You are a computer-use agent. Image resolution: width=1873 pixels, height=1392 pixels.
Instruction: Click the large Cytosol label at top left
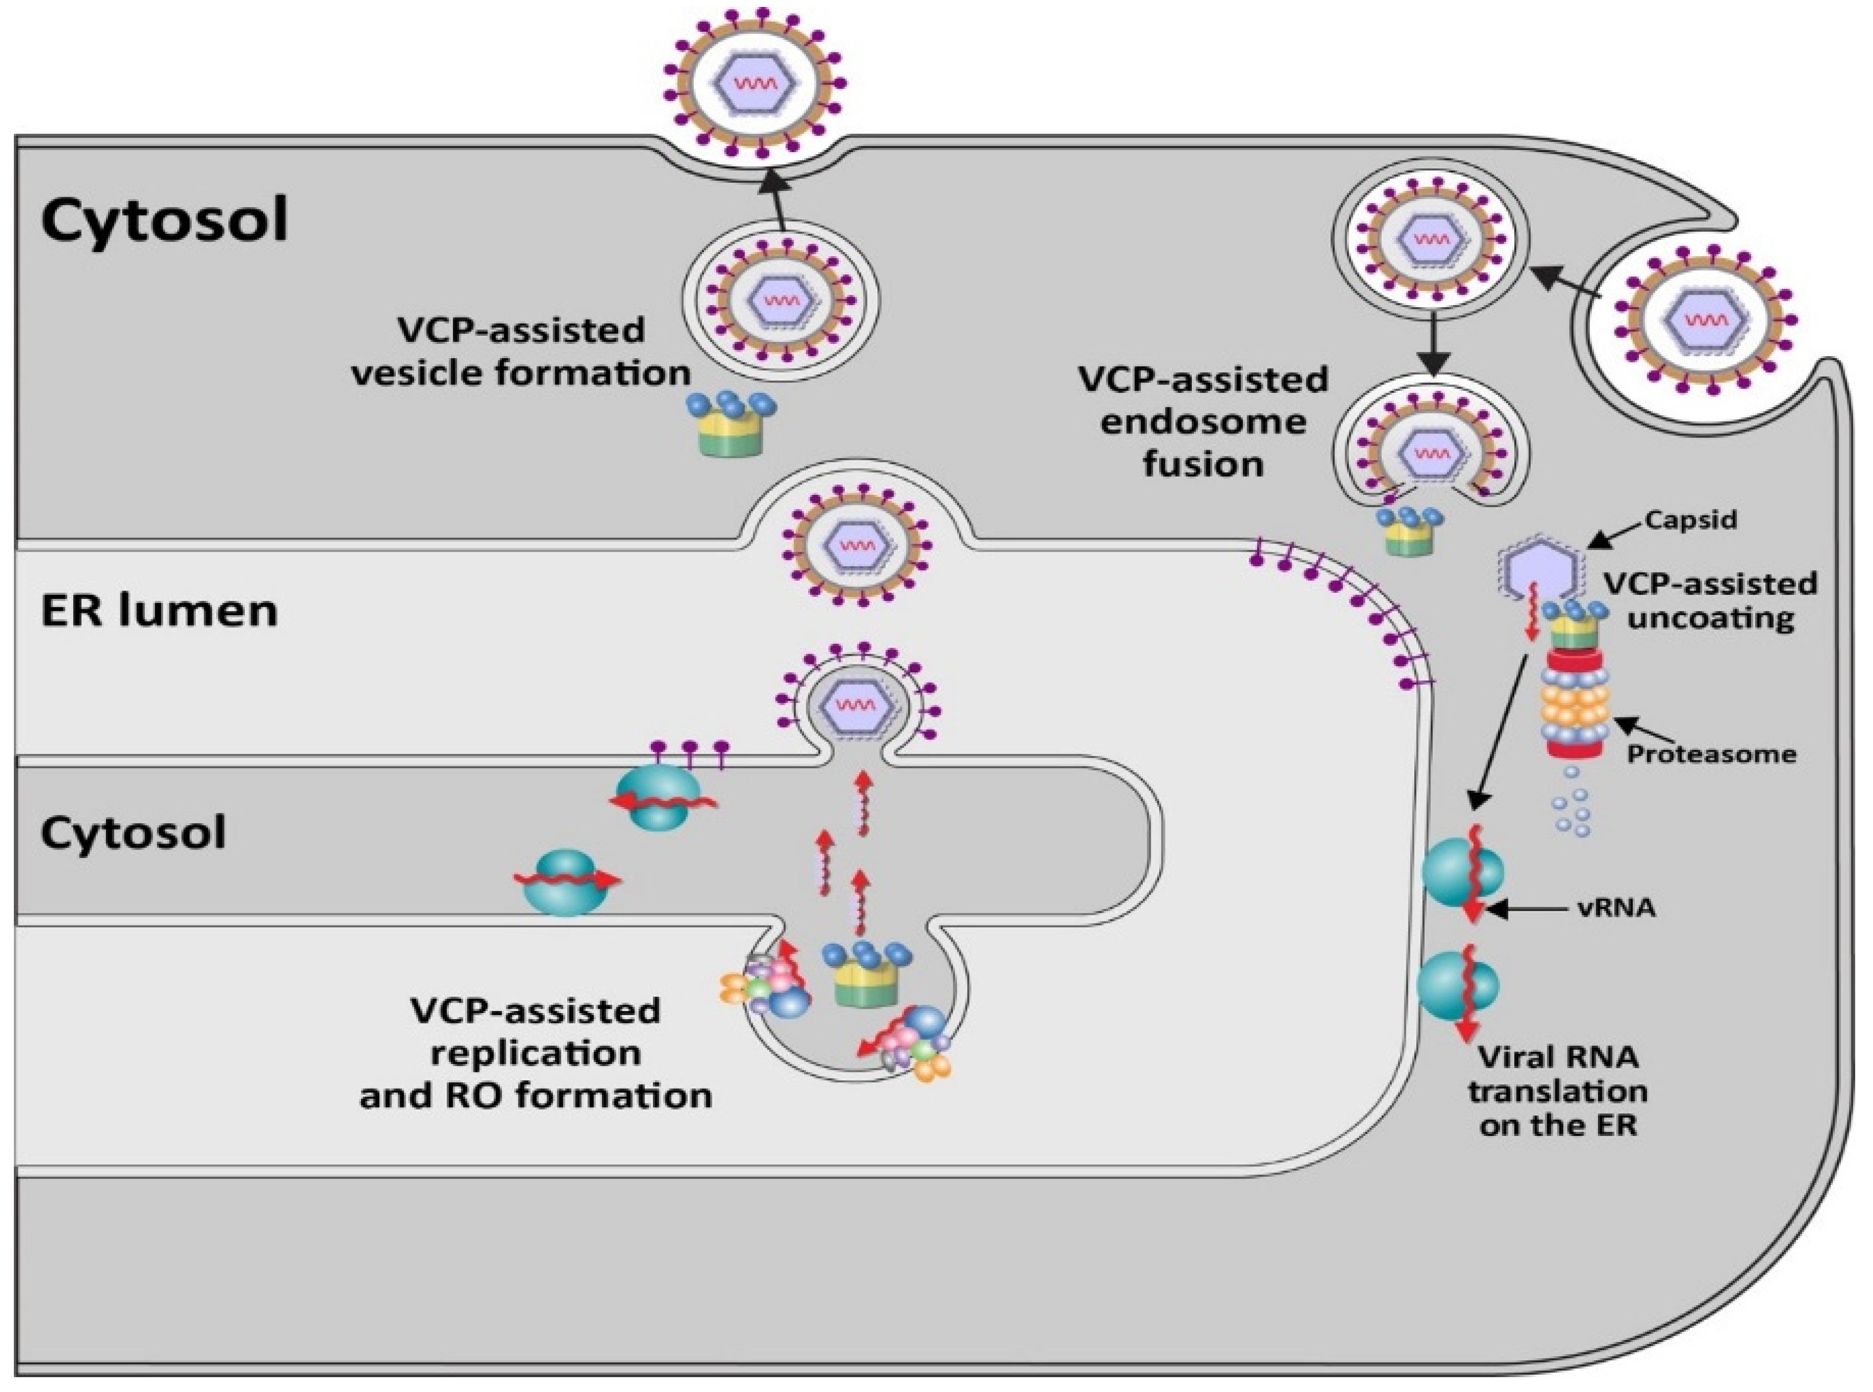(164, 221)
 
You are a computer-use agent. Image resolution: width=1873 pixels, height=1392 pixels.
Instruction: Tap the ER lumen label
(159, 611)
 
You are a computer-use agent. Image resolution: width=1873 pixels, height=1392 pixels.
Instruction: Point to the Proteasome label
(1711, 754)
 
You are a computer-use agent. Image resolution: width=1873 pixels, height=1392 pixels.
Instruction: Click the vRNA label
(1615, 909)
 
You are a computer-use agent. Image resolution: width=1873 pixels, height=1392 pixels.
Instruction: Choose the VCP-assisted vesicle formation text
(521, 351)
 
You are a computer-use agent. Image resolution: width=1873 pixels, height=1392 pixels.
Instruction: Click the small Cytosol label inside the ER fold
(133, 833)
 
